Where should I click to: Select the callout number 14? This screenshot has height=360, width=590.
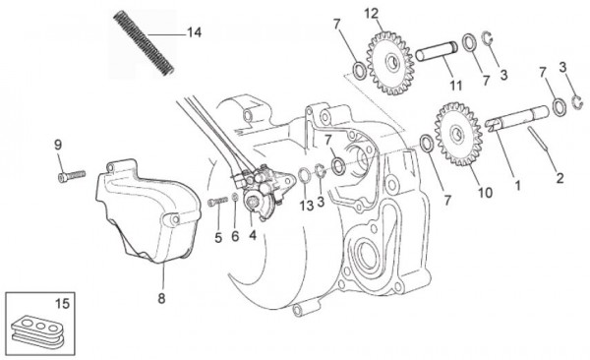(194, 32)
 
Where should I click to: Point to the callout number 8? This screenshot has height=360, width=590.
(160, 292)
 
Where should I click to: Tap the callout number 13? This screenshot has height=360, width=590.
(307, 207)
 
